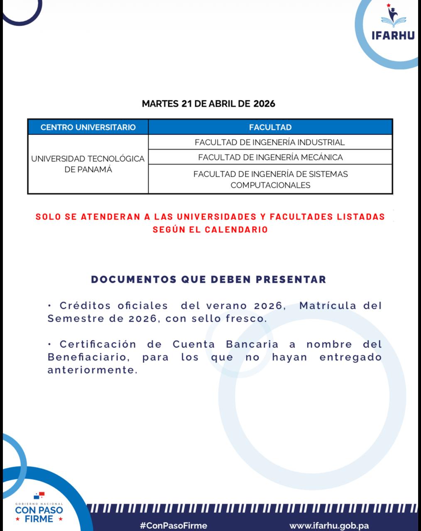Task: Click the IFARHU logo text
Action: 392,35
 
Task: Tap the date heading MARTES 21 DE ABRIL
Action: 208,104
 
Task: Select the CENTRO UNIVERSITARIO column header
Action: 88,127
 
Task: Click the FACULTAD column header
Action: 270,127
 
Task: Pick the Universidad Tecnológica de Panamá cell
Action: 88,164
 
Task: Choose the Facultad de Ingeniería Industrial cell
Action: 270,142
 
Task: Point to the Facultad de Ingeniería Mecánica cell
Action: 270,157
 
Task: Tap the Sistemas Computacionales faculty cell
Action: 270,179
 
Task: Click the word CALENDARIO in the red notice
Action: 236,229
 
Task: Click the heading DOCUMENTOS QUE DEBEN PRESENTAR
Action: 208,279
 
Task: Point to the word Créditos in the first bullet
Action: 85,306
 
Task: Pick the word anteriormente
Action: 92,370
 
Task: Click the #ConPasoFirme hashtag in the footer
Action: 174,526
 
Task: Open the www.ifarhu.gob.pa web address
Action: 329,526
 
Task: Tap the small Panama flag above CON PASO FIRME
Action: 39,495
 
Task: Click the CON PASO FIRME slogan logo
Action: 39,514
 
